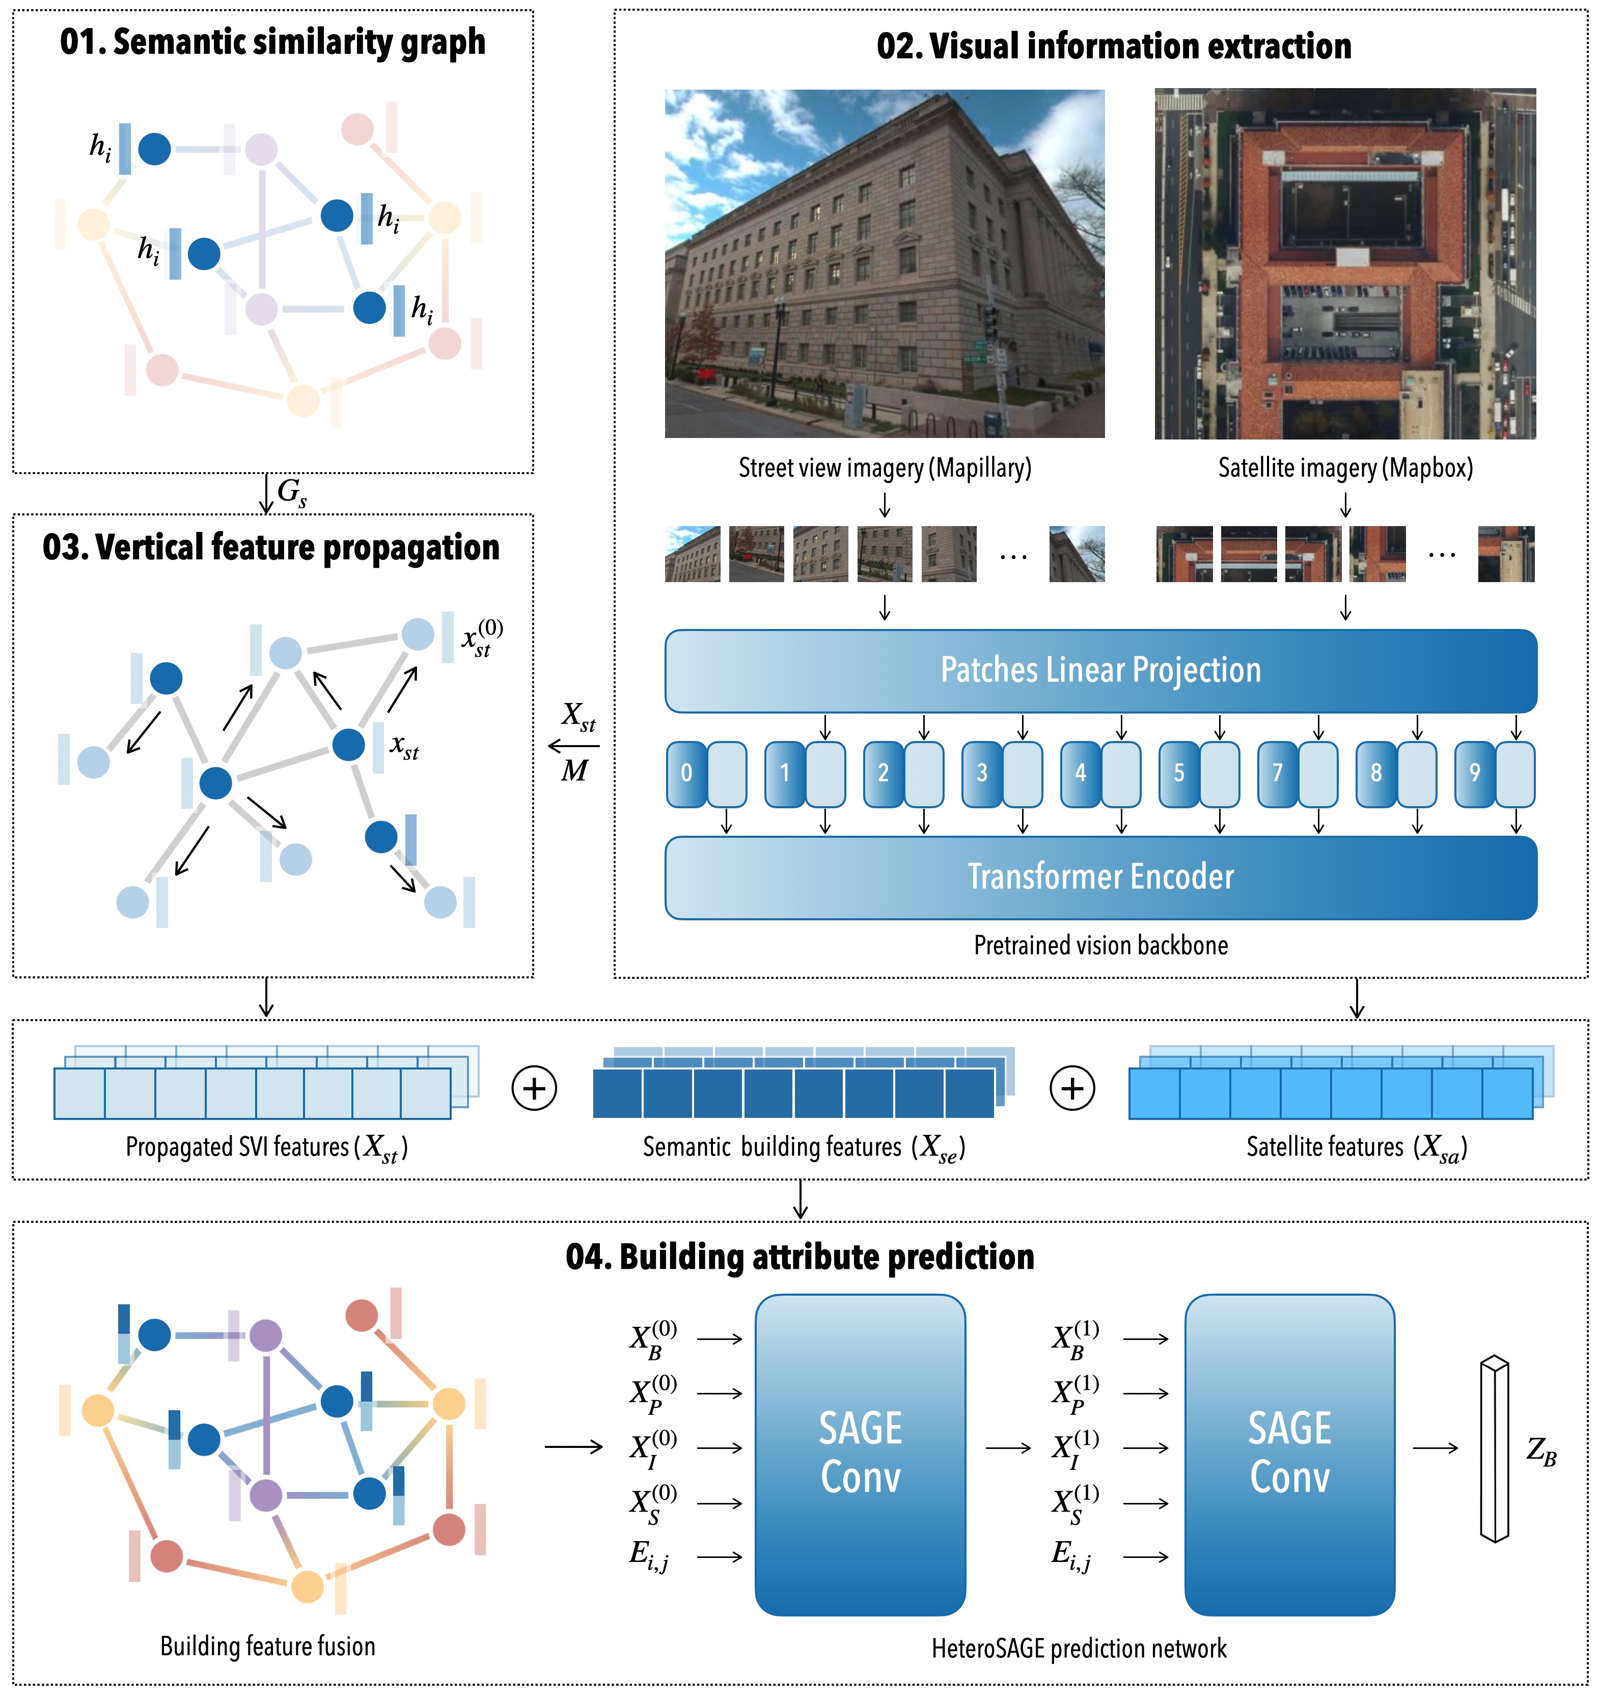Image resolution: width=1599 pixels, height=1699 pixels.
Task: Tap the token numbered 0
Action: point(686,774)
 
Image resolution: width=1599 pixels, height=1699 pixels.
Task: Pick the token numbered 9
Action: point(1474,774)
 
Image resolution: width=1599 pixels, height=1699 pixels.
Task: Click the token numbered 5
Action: point(1178,774)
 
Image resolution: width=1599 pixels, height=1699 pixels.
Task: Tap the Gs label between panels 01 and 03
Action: point(291,493)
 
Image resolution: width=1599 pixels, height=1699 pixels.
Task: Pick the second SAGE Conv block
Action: point(1289,1455)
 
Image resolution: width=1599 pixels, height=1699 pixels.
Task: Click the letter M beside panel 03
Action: point(574,772)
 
